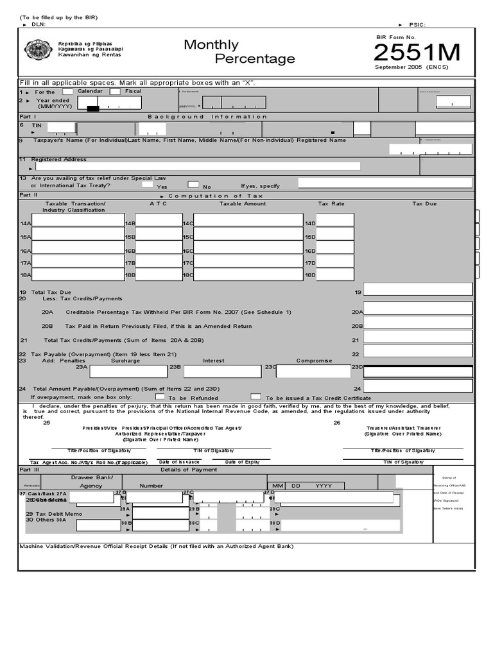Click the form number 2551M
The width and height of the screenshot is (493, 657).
[x=417, y=53]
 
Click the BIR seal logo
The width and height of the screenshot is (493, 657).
[x=38, y=50]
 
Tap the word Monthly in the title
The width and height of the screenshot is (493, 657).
[x=211, y=45]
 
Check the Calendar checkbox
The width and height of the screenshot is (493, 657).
[x=68, y=92]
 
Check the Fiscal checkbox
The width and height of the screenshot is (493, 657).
[x=116, y=92]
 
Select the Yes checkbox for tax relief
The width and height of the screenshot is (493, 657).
[x=147, y=185]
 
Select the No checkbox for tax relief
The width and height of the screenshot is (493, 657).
[x=193, y=185]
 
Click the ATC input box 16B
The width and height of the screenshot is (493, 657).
[x=159, y=248]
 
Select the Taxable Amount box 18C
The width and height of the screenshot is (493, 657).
[x=248, y=275]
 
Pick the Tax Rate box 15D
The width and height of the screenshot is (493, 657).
[x=334, y=234]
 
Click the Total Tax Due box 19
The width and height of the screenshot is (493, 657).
[x=418, y=289]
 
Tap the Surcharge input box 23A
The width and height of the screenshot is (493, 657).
[x=128, y=371]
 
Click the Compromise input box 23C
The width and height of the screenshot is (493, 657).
[x=314, y=371]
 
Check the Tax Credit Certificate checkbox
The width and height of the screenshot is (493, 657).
[x=255, y=397]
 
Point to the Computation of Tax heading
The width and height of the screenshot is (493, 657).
[x=215, y=196]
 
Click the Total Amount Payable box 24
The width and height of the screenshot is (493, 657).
[x=418, y=386]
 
